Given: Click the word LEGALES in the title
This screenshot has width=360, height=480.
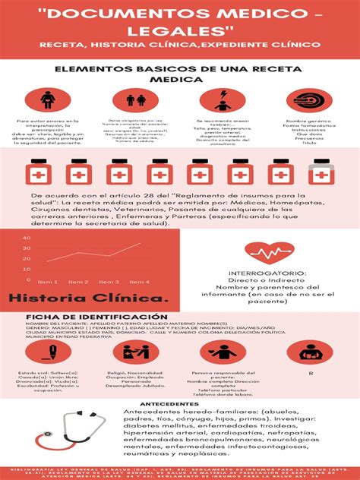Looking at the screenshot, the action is pos(179,28).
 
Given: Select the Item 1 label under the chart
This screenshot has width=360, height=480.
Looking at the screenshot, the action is pos(47,282).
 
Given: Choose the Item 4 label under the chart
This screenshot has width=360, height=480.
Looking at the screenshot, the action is pos(140,282).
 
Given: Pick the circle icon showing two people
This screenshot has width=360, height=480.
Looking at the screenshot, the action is pos(136,100).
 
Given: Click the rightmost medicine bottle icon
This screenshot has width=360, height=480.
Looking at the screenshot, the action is pos(321,173).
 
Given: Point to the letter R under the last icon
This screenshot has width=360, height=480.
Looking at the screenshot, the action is pos(310,374).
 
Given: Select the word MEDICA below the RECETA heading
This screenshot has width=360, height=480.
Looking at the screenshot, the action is pos(179,77).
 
